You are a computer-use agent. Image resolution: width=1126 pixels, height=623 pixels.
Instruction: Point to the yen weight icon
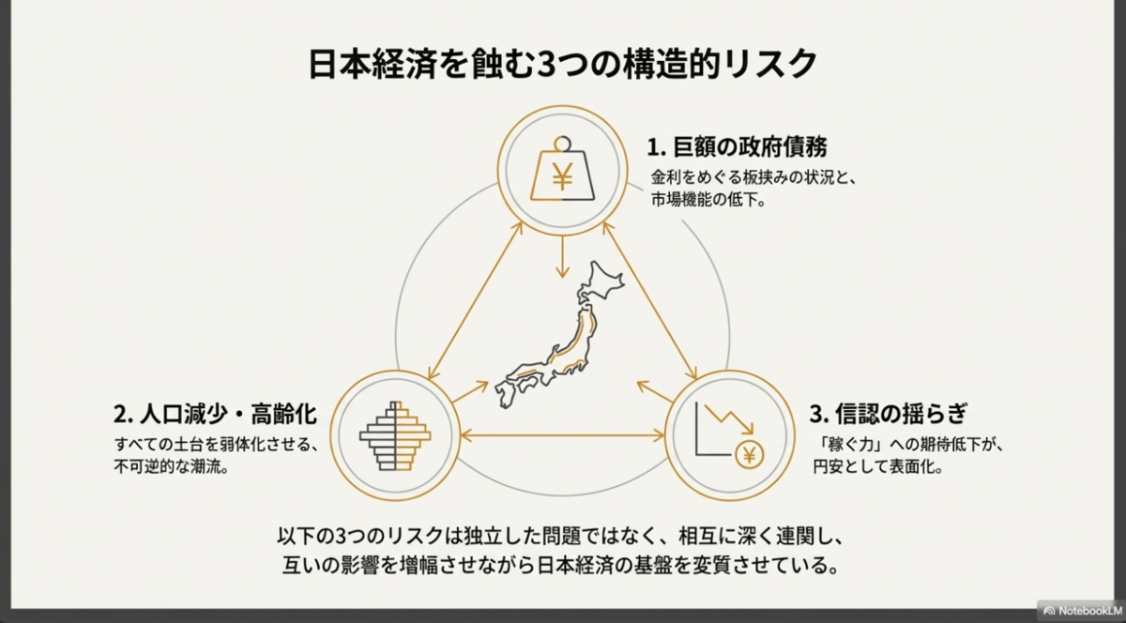pos(563,171)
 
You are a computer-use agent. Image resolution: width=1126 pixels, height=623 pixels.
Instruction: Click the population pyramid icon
pos(395,435)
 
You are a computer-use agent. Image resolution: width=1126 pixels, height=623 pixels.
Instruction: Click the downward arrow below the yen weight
pos(562,255)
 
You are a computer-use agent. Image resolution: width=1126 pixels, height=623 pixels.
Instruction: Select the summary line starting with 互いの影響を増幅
pos(562,567)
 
